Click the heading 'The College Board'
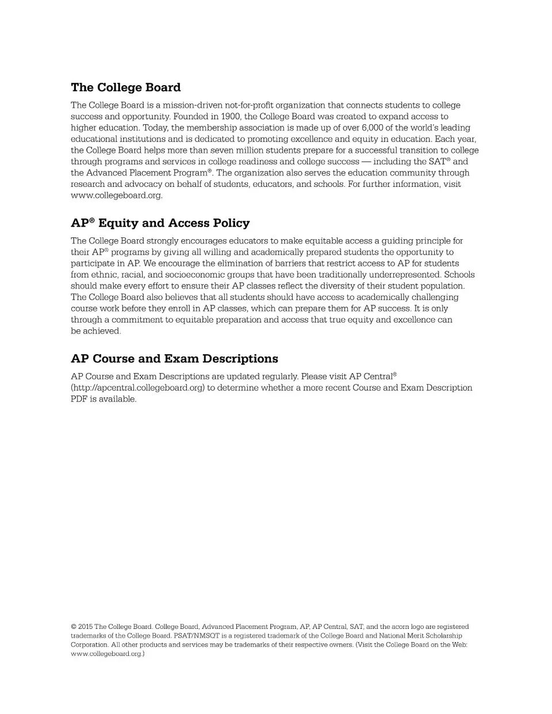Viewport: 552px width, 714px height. point(125,87)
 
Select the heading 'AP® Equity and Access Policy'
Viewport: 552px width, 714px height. point(160,223)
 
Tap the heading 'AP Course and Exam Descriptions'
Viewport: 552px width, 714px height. point(174,359)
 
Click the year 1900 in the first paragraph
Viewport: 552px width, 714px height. point(229,116)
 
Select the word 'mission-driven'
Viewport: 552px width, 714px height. point(192,105)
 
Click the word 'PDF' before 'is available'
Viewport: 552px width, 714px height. point(79,399)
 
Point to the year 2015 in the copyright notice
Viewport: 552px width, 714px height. point(85,627)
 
